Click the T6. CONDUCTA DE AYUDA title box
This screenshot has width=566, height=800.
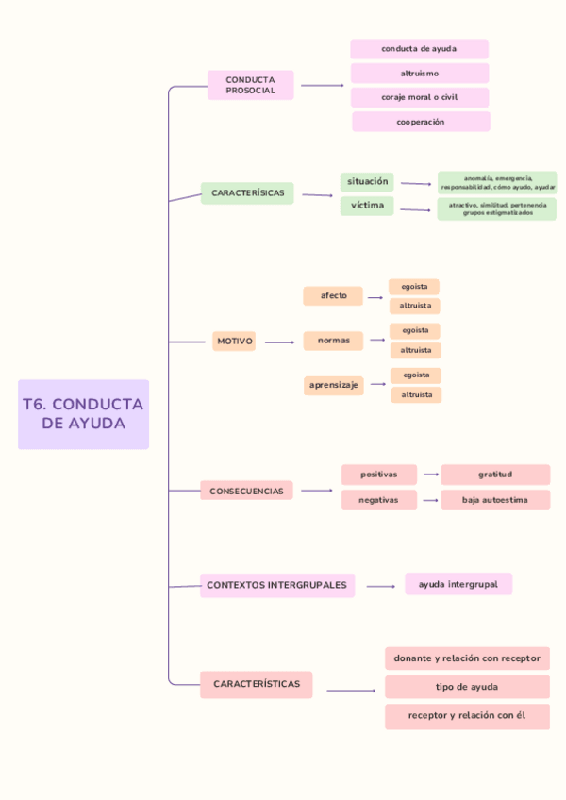pos(83,413)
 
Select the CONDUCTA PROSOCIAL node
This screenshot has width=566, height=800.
pos(250,85)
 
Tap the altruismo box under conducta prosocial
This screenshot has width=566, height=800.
pos(419,73)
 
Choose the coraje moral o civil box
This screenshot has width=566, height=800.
pos(419,97)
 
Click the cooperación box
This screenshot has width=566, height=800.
pos(421,122)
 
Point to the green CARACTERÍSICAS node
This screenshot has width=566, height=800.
pos(247,192)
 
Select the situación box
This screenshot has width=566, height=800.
pos(367,181)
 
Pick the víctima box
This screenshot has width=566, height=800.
pos(367,206)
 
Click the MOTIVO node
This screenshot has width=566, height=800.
pos(235,342)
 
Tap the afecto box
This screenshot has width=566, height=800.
pos(333,296)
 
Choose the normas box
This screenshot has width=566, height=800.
pos(333,341)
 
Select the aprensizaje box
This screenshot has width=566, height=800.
pos(333,385)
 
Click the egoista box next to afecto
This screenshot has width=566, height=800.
pos(414,286)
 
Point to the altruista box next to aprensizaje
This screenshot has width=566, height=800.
pos(416,395)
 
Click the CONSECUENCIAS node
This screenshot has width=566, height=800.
pos(246,491)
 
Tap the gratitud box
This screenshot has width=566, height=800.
pos(495,475)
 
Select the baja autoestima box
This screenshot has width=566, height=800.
pos(495,500)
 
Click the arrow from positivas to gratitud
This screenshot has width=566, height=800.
pos(431,475)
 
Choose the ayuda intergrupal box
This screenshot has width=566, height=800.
pos(458,584)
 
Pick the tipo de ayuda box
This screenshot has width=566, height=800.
pos(467,687)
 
